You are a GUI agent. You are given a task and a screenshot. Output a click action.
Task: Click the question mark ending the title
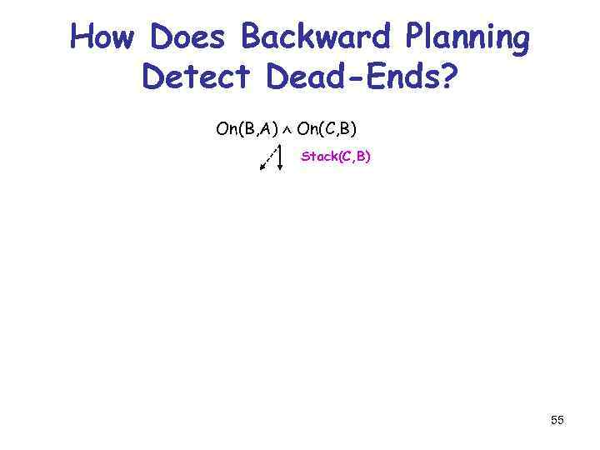(x=447, y=77)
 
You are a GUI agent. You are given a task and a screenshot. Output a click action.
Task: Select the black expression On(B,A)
(x=247, y=129)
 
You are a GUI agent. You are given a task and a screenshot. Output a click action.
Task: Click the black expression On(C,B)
(x=327, y=129)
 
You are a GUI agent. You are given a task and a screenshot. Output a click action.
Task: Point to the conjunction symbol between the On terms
(x=287, y=131)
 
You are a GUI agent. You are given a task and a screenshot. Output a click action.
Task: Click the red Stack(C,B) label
(x=336, y=156)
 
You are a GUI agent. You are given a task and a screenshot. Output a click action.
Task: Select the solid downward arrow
(x=280, y=157)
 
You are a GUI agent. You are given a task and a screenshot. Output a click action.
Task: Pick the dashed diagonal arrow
(x=268, y=158)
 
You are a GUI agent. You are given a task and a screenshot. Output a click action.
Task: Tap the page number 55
(x=557, y=421)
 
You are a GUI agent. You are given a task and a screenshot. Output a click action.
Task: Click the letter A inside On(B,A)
(x=267, y=129)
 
